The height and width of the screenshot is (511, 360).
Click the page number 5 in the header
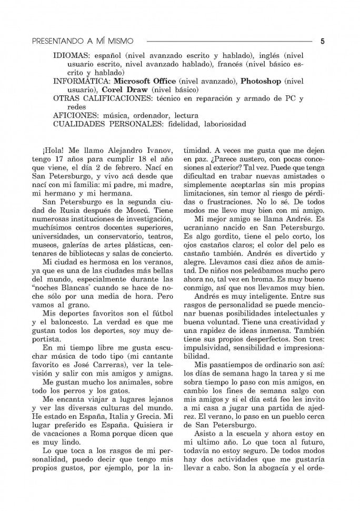[x=322, y=40]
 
